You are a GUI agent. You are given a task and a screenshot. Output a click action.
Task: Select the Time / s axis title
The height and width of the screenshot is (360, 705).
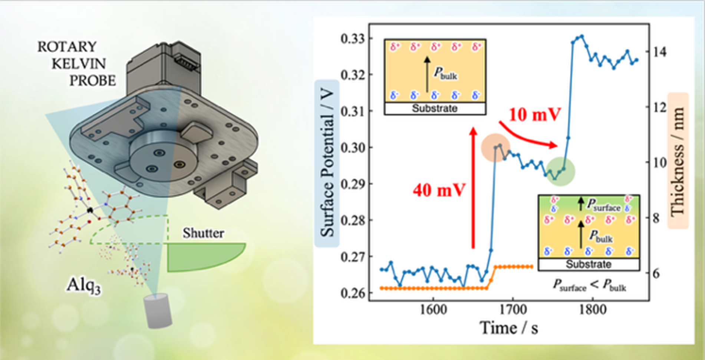pos(509,328)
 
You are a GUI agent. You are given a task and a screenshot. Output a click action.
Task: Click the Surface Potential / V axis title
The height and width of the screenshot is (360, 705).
pos(327,163)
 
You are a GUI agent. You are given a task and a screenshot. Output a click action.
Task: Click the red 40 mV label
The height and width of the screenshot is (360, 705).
pos(439,191)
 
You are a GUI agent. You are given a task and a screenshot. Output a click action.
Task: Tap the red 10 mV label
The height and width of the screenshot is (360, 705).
pos(535,115)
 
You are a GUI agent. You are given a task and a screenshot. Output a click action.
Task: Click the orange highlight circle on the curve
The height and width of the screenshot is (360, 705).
pos(495,148)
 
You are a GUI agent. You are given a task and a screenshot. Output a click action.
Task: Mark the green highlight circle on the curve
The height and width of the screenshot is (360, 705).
pos(560,172)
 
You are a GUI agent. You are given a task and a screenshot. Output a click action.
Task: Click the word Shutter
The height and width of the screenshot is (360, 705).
pos(203,233)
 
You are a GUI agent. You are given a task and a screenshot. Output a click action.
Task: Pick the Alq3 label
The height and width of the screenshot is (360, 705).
pos(84,285)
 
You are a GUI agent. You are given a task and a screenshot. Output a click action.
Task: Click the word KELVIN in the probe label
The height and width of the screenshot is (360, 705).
pos(79,64)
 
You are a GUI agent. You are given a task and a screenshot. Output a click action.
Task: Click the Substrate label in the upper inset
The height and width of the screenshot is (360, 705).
pos(435,109)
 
